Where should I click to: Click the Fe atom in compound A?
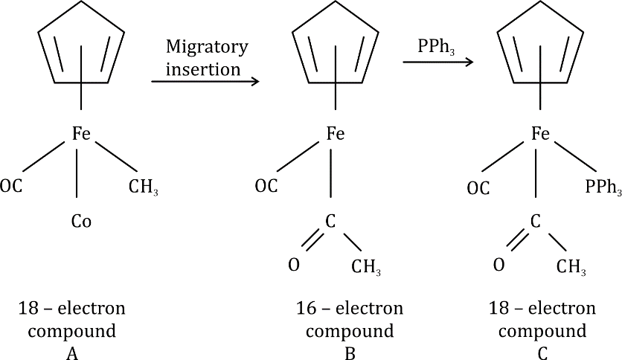click(81, 134)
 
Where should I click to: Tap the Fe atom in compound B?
click(336, 135)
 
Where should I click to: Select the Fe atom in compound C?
click(540, 134)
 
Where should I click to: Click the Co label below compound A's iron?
click(81, 221)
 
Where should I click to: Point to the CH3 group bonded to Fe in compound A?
click(143, 187)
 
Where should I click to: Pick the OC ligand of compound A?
click(13, 185)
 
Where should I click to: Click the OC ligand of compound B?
click(266, 186)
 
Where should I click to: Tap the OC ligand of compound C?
click(478, 188)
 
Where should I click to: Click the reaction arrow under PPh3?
click(437, 62)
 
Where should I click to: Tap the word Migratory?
click(207, 46)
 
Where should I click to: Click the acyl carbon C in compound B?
click(331, 221)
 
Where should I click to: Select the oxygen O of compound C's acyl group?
click(498, 265)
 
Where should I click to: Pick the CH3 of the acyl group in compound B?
click(370, 267)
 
